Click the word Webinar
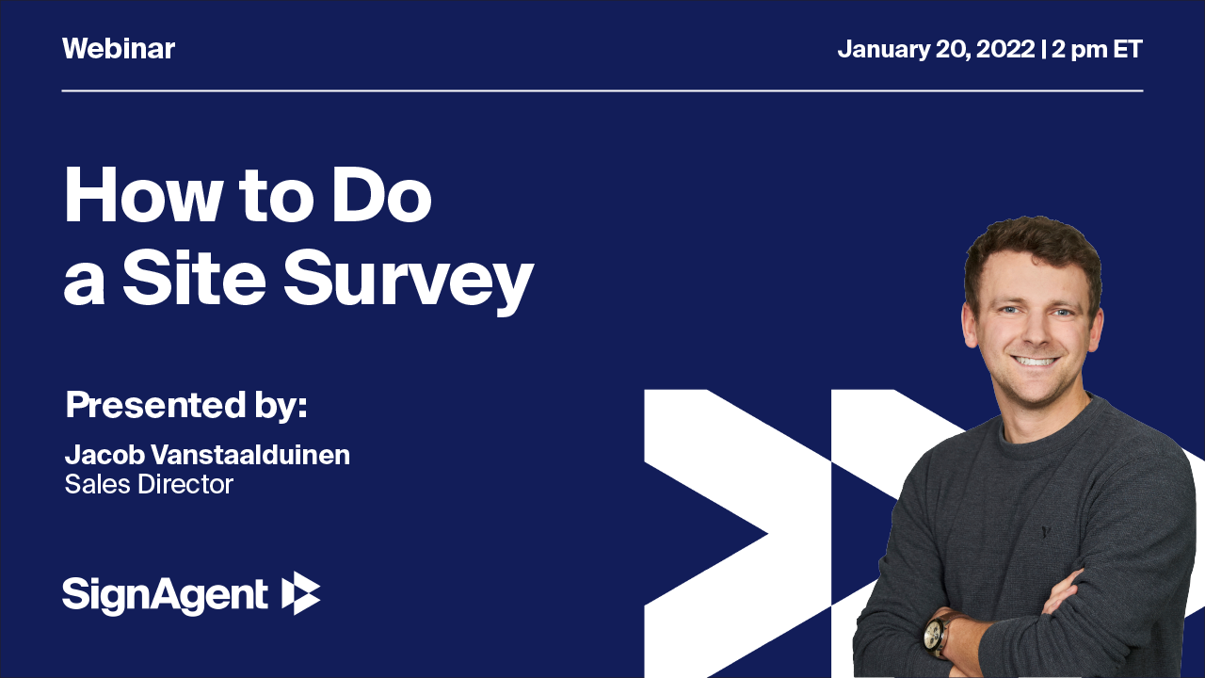click(119, 49)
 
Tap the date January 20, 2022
click(936, 49)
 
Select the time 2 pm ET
click(1098, 49)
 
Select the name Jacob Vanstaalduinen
click(207, 456)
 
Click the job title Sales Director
click(149, 484)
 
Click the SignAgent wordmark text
click(166, 595)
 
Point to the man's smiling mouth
click(1036, 361)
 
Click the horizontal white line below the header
click(602, 91)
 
